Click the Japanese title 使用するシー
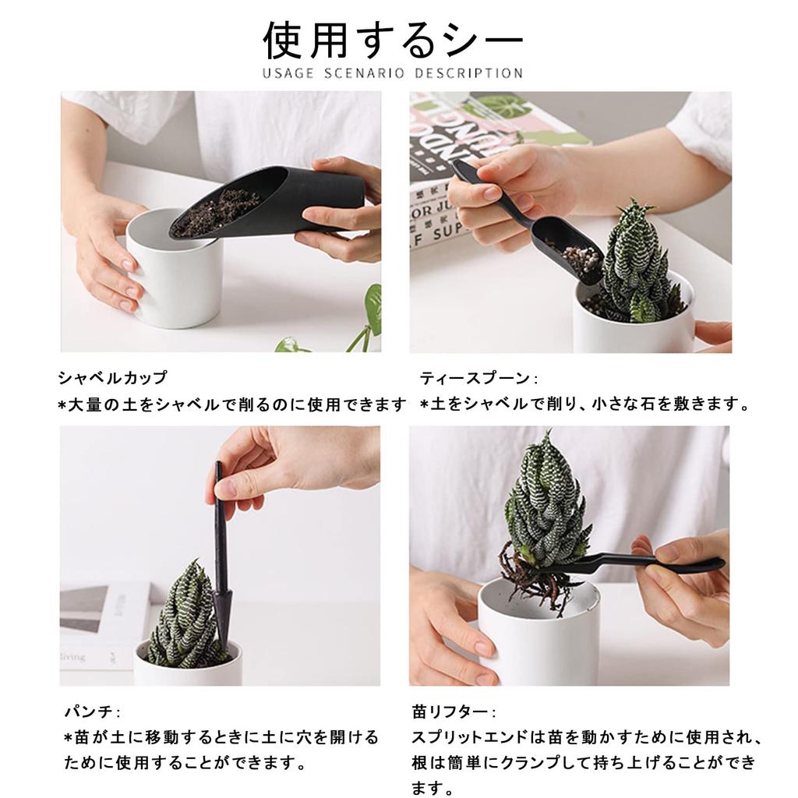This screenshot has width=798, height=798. tap(393, 41)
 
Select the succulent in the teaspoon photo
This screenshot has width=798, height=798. tap(635, 261)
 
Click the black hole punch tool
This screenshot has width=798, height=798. tap(221, 561)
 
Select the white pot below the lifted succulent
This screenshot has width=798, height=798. tap(538, 639)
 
